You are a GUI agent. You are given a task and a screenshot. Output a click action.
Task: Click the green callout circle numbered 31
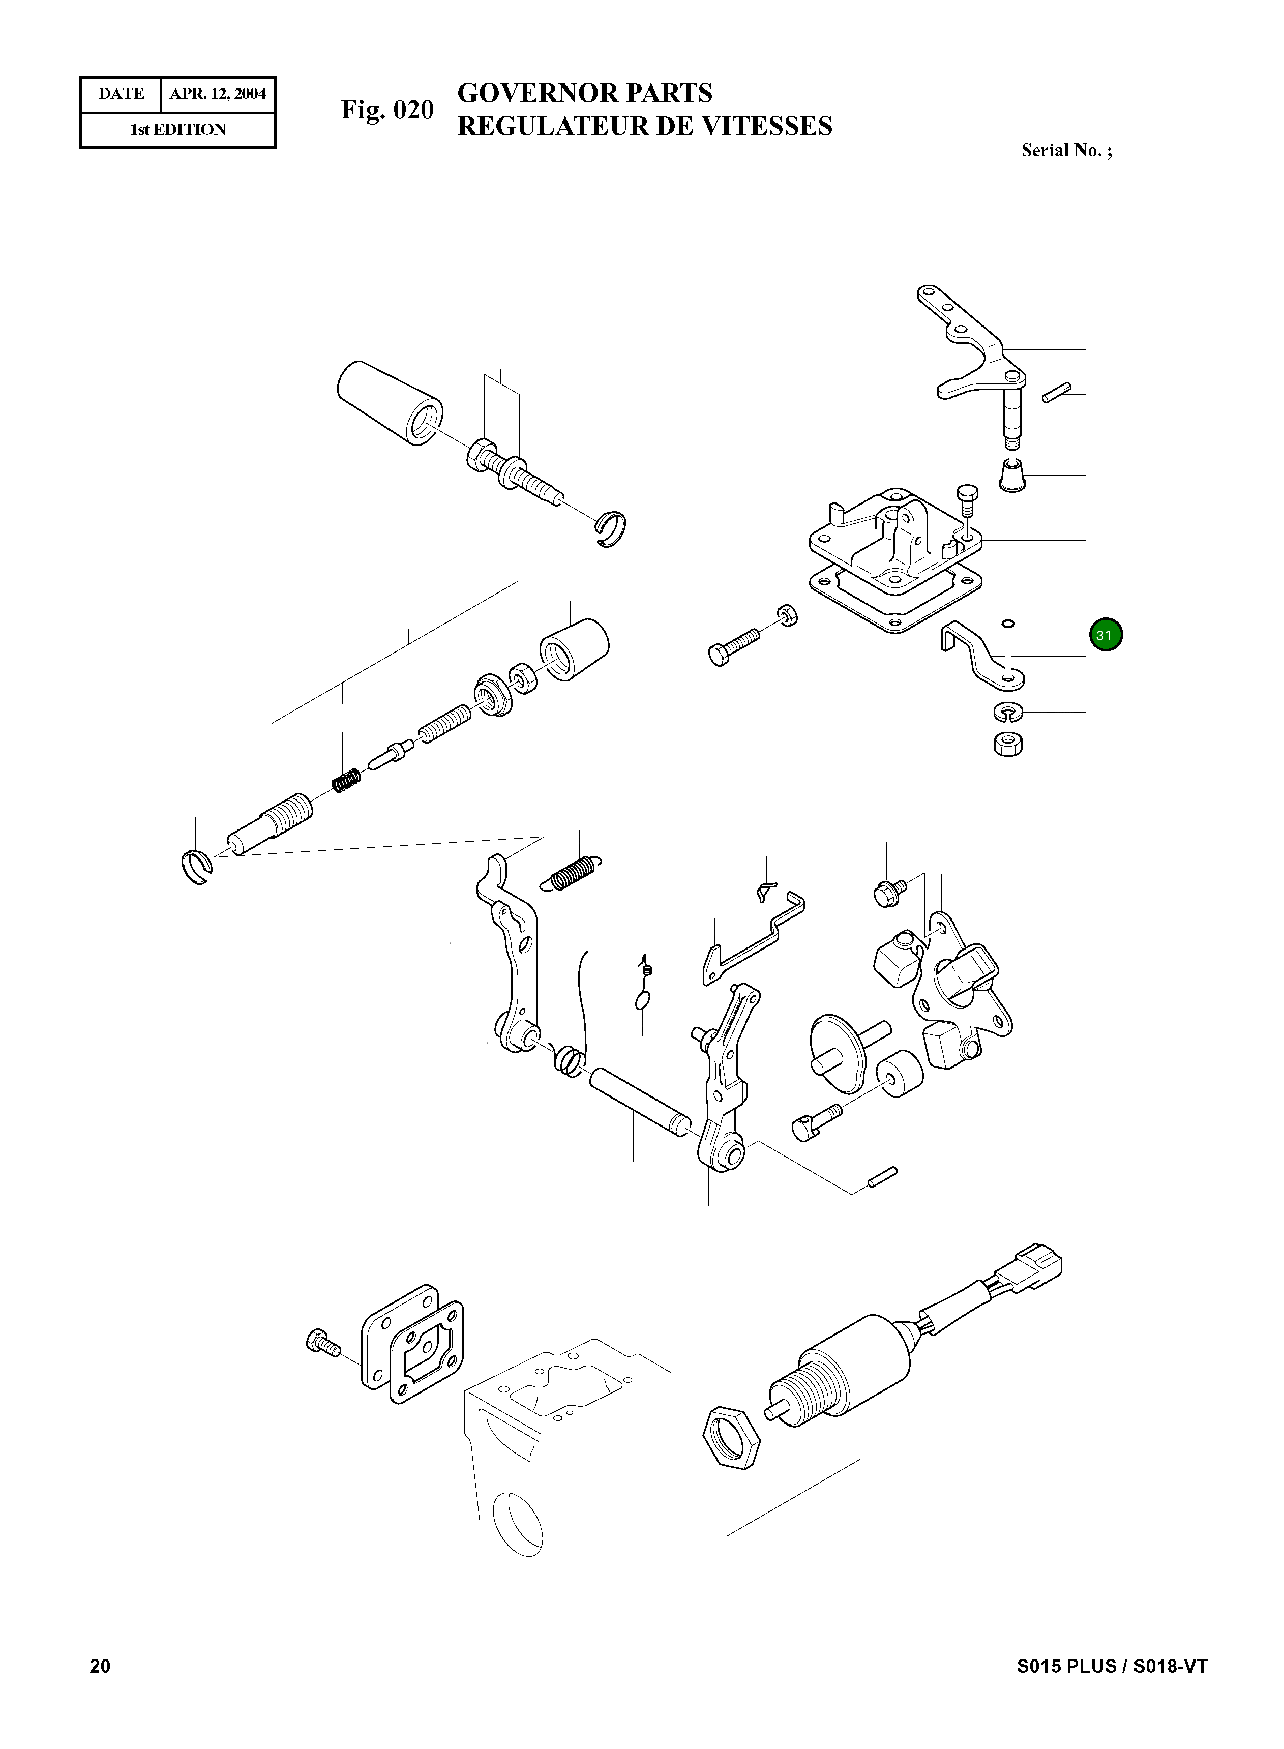pos(1105,635)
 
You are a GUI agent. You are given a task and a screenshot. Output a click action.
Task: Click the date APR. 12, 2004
pos(218,94)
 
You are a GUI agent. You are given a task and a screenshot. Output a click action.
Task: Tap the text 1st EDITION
pos(178,130)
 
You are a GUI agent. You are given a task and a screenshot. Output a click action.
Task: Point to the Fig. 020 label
pos(387,110)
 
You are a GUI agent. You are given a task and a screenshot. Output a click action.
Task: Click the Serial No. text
pos(1066,151)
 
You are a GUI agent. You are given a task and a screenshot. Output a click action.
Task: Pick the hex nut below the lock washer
pos(1008,745)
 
